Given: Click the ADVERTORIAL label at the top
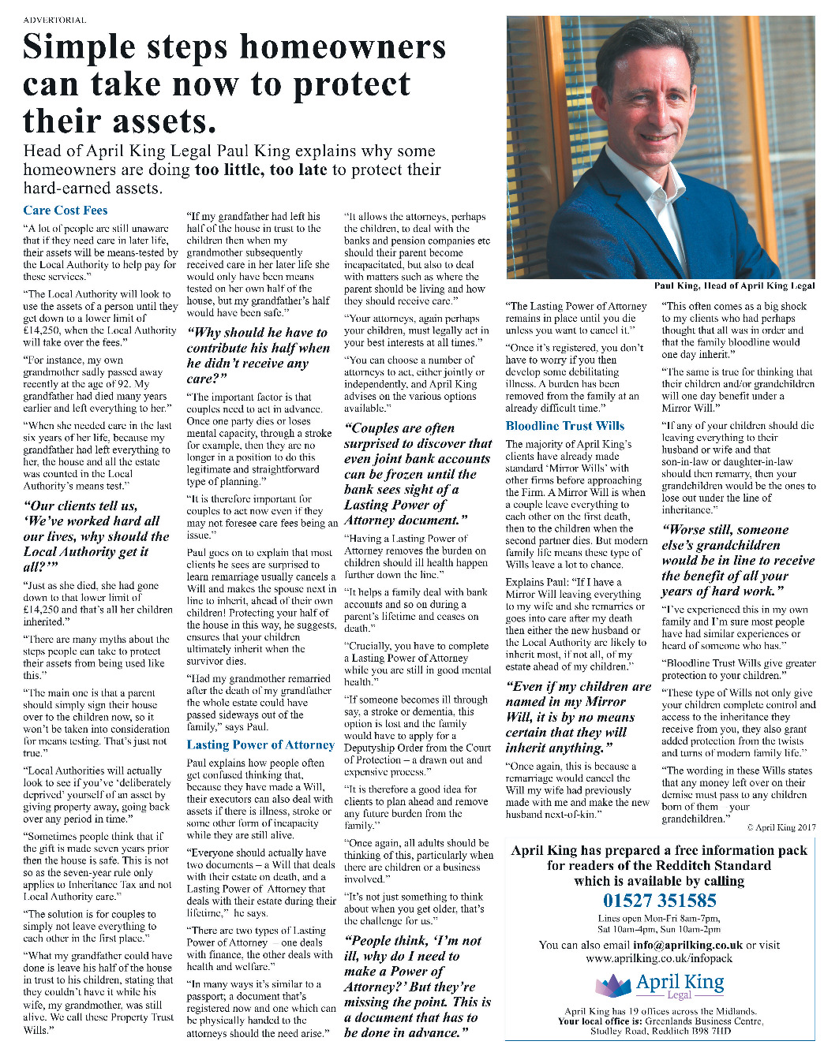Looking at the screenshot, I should coord(55,20).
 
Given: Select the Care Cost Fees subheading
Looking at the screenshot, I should coord(66,210).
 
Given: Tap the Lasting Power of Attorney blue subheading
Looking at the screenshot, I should coord(260,744).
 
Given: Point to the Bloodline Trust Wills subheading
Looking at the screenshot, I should coord(565,426).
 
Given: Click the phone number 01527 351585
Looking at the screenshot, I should coord(659,901).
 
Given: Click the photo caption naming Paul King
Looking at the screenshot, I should coord(734,285).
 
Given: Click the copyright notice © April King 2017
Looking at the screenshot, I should coord(781,827).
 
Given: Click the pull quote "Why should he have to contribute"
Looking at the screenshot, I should coord(258,355).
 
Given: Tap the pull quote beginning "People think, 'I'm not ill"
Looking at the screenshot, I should coord(418,986).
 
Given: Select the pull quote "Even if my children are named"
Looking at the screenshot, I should coord(578,717).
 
